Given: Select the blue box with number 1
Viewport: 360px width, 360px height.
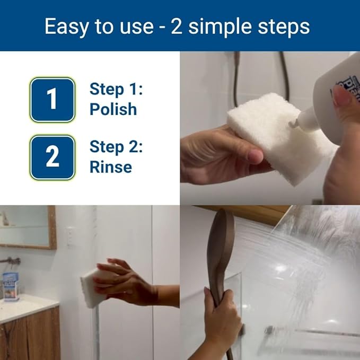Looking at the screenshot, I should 52,100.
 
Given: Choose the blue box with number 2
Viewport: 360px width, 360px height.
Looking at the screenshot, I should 52,157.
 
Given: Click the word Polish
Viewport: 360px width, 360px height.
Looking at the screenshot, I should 113,109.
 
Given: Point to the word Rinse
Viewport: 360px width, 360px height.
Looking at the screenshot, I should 110,167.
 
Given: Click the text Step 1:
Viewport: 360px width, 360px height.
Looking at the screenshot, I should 116,89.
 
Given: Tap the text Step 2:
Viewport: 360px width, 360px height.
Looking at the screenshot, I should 116,146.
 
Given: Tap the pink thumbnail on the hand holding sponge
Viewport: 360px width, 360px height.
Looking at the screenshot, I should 256,156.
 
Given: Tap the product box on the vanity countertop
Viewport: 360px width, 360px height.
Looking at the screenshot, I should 10,286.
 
